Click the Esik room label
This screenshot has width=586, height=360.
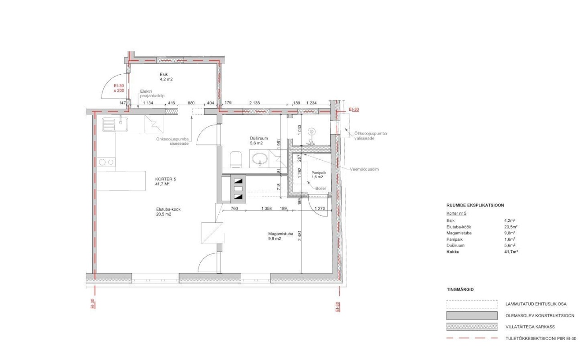[x=166, y=77]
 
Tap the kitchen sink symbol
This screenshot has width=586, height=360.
[x=115, y=124]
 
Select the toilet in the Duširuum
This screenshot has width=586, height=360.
[x=236, y=159]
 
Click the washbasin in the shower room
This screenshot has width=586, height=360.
[x=260, y=158]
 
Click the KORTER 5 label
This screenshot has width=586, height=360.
[x=166, y=181]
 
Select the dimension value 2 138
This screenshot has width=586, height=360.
[x=254, y=103]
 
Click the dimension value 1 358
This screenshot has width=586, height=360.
[x=266, y=208]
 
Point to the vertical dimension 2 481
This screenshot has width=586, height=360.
[x=300, y=235]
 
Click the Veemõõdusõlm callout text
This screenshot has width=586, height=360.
[x=364, y=169]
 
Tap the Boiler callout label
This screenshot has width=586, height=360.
[x=321, y=189]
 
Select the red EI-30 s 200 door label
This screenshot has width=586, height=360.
[x=119, y=88]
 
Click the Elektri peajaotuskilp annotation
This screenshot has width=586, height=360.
[x=152, y=94]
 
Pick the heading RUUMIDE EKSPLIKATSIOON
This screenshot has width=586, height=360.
[x=475, y=205]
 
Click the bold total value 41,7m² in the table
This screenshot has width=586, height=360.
[x=511, y=252]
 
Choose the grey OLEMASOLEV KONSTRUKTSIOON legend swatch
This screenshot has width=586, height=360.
[x=472, y=315]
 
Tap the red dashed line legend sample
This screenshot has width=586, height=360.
[x=472, y=338]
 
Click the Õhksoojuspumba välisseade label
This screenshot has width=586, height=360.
[x=370, y=136]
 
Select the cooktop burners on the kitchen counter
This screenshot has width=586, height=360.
[x=106, y=162]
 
